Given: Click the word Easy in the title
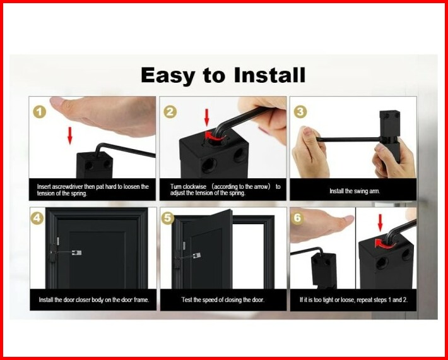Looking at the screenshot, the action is (x=168, y=76).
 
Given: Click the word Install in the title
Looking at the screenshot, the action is (x=269, y=75).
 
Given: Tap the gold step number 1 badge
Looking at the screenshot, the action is (x=39, y=112).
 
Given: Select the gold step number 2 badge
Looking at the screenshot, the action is (x=170, y=112).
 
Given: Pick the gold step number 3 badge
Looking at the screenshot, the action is (x=300, y=112).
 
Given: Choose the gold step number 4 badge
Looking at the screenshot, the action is (x=37, y=219).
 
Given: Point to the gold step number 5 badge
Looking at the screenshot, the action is (x=168, y=219).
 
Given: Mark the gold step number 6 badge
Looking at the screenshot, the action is (x=297, y=218).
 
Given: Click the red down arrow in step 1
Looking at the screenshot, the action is (x=69, y=136).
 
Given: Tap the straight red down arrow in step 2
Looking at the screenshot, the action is (x=207, y=117).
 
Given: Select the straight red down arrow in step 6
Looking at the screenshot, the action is (x=380, y=223).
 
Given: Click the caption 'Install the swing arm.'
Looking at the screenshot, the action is (x=355, y=191).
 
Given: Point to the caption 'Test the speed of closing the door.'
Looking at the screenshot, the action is (x=223, y=299).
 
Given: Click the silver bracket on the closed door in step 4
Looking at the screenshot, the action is (x=76, y=253).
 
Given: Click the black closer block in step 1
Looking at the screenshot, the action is (x=95, y=165).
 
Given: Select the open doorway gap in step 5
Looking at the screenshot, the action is (x=248, y=256).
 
